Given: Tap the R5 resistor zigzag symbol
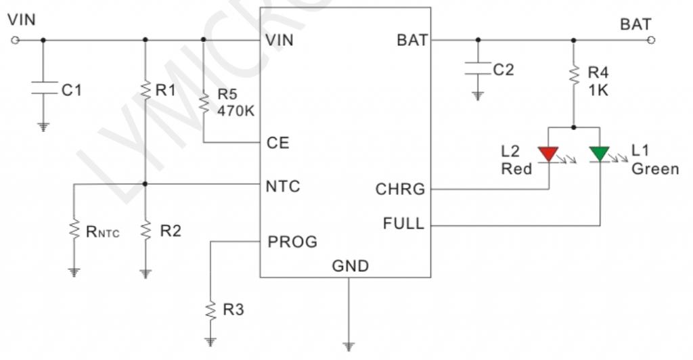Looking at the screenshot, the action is click(x=204, y=102).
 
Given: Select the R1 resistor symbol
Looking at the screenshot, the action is click(x=146, y=91).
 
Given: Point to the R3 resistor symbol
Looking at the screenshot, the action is click(x=211, y=310).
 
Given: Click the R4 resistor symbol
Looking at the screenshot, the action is click(x=574, y=75).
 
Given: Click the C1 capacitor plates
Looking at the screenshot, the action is click(x=43, y=87).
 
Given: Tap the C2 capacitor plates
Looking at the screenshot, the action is click(x=478, y=68).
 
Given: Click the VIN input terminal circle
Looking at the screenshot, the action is click(x=15, y=40).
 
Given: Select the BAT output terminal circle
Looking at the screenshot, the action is click(x=650, y=40).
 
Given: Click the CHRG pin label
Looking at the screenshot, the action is click(x=400, y=189).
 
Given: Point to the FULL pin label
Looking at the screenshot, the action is click(x=403, y=223).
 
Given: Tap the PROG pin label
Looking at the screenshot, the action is click(x=292, y=242).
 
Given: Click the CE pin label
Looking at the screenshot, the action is click(x=278, y=143).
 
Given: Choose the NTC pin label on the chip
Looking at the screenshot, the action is click(x=283, y=186).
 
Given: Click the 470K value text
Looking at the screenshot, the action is click(x=236, y=111).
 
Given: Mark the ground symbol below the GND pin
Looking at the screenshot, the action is click(x=349, y=346).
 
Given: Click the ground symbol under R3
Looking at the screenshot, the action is click(x=211, y=342).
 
